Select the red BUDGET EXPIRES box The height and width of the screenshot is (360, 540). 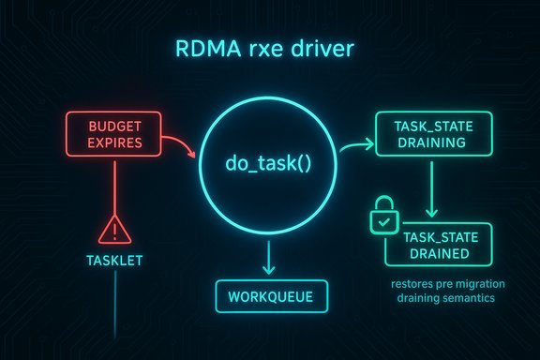[113, 134]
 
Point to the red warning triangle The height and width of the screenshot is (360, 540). [113, 228]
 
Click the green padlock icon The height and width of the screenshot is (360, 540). [382, 218]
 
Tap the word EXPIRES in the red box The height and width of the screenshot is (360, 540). [113, 143]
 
